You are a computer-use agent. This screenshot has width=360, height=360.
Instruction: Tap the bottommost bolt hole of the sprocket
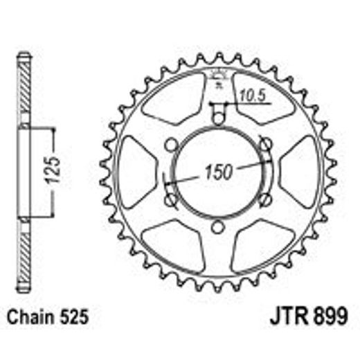pyautogui.click(x=217, y=228)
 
